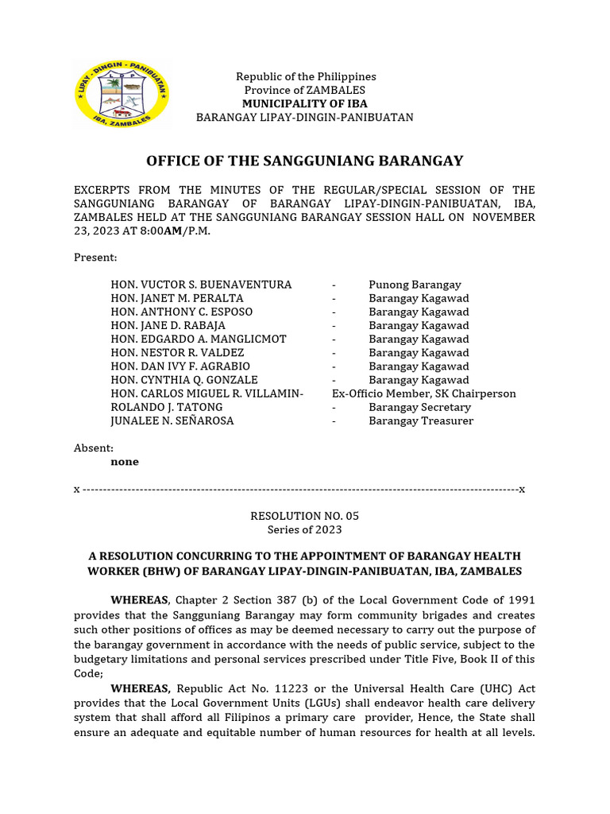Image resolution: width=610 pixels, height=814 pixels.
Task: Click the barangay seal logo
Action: [122, 95]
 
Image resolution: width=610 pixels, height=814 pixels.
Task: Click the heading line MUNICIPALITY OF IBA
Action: [305, 103]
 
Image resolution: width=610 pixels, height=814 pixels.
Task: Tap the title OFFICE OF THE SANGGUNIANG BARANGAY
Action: [305, 161]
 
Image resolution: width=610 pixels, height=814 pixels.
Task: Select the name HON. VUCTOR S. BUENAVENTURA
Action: [201, 285]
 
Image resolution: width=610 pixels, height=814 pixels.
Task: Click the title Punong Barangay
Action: [415, 285]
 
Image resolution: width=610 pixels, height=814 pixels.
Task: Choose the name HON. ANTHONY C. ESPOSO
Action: [182, 312]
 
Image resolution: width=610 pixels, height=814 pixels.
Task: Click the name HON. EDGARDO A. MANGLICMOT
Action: [199, 339]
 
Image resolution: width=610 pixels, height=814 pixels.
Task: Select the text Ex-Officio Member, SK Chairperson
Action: [424, 393]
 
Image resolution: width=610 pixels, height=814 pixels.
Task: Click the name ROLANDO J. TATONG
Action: [167, 407]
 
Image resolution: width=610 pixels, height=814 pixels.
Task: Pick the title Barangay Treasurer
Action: [421, 421]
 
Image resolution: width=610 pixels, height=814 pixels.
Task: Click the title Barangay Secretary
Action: [420, 407]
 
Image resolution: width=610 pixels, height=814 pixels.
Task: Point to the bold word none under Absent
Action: [125, 462]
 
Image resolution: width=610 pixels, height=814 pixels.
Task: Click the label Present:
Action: [95, 258]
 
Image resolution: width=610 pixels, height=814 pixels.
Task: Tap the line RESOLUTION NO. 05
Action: [305, 516]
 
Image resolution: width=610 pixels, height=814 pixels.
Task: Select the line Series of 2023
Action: [305, 529]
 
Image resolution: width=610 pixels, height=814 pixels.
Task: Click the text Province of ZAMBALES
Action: [305, 90]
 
